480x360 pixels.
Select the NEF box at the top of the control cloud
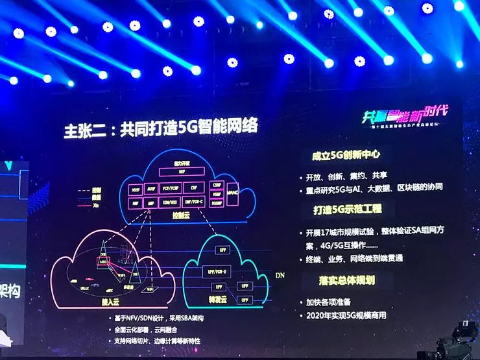pos(182,172)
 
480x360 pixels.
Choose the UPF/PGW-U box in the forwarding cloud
pos(221,270)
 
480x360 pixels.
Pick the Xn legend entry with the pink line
pos(93,203)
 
